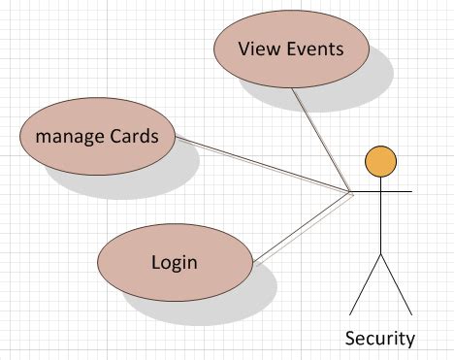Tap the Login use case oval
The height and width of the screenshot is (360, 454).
[175, 261]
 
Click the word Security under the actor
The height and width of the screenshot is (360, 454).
[379, 339]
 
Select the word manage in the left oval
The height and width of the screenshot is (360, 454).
[68, 135]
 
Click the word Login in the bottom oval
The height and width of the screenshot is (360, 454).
[175, 261]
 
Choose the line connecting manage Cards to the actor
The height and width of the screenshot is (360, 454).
[262, 166]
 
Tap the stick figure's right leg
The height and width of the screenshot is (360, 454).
[398, 289]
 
